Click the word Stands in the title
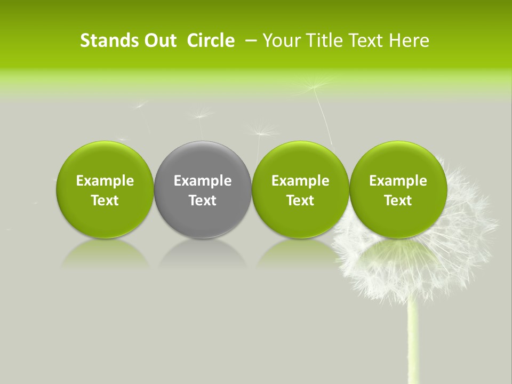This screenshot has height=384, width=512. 109,41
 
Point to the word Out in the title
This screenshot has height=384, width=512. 159,41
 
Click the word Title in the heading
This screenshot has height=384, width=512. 324,41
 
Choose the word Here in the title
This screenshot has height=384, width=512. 409,41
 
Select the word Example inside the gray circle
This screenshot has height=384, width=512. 203,181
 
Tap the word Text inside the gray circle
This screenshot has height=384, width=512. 203,201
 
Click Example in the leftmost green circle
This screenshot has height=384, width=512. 105,181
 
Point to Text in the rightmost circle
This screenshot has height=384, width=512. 398,201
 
